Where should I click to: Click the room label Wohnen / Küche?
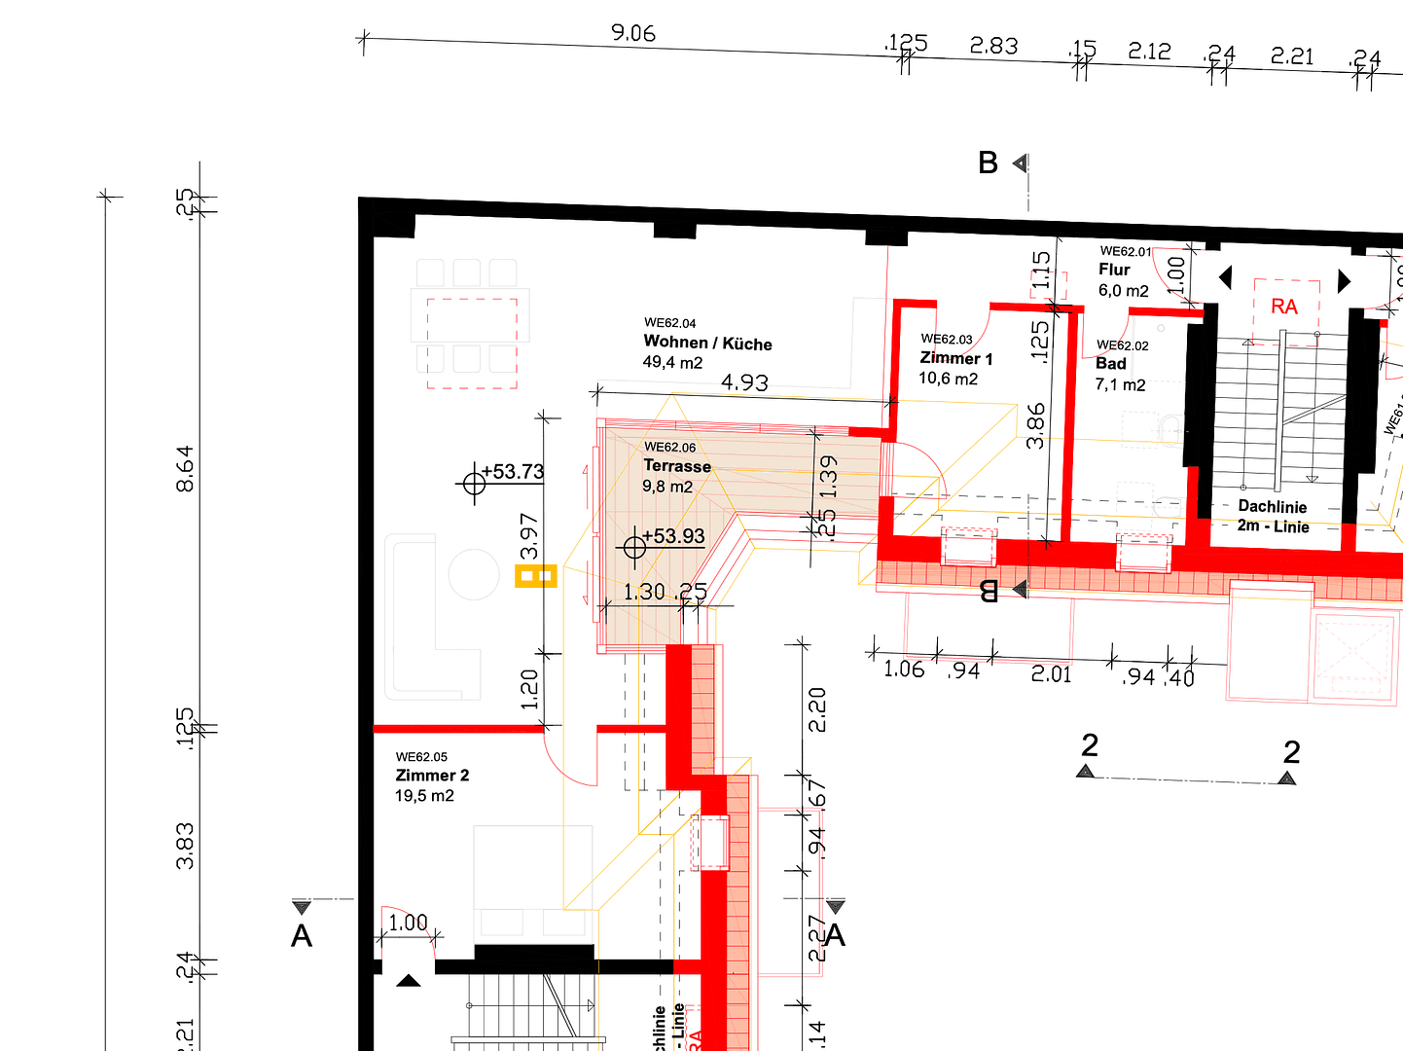(707, 343)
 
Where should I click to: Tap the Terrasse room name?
(677, 466)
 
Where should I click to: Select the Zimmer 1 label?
(956, 358)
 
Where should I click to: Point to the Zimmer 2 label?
(432, 776)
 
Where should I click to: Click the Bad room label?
(1111, 364)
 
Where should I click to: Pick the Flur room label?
(1115, 270)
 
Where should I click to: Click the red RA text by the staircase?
(1284, 307)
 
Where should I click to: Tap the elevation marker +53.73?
(512, 472)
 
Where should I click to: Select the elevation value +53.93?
(673, 536)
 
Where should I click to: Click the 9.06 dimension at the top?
(633, 33)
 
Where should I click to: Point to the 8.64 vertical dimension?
(185, 468)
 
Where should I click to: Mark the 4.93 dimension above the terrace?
(744, 383)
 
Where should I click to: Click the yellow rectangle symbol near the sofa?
(535, 576)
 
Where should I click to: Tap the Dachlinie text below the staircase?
(1272, 507)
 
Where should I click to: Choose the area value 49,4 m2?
(672, 363)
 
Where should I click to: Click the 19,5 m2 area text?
(424, 796)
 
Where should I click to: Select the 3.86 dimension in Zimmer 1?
(1036, 425)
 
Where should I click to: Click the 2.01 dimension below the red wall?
(1051, 673)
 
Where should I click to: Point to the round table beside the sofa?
(474, 574)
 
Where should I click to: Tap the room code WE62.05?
(421, 756)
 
